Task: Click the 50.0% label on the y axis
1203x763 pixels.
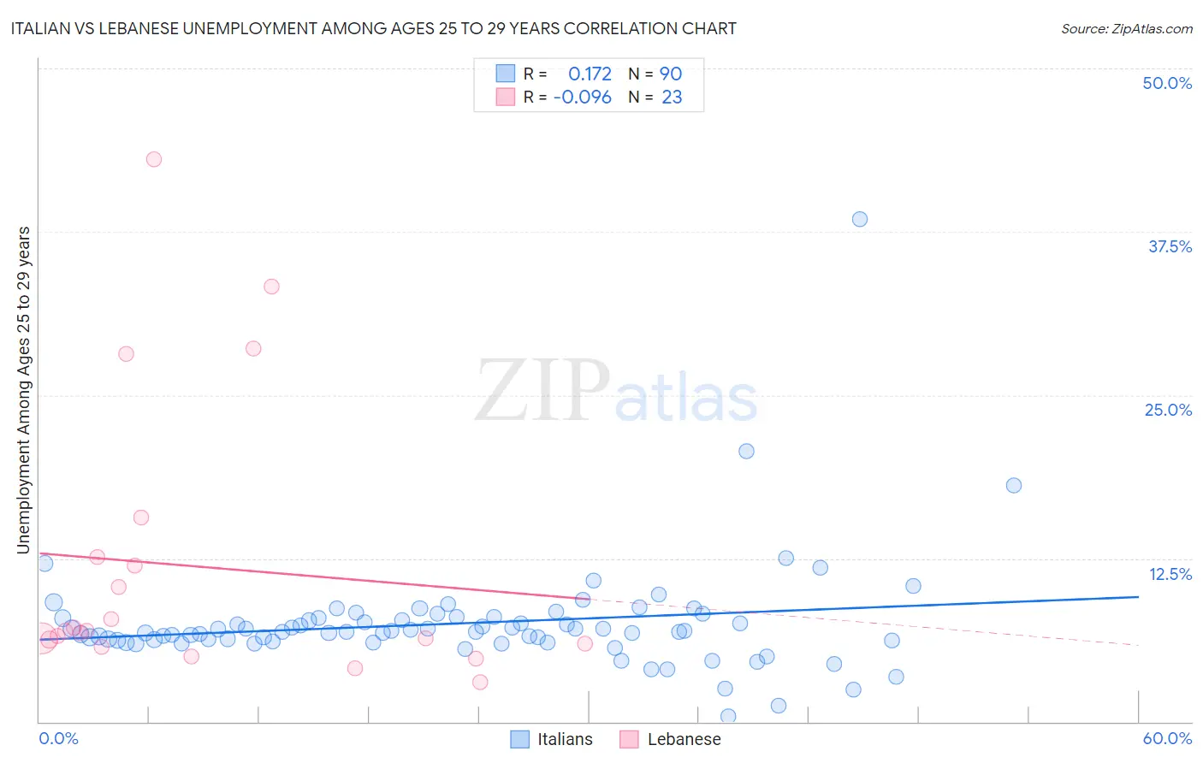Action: point(1167,84)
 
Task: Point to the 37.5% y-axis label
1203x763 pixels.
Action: point(1170,247)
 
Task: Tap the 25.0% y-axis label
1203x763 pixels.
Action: point(1168,411)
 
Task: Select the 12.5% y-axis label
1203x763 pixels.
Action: point(1170,574)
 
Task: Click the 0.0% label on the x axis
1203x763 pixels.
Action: point(58,738)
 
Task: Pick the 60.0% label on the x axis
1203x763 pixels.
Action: point(1167,738)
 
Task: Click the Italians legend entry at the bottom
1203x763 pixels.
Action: point(564,739)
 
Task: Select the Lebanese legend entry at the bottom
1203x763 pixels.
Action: point(683,739)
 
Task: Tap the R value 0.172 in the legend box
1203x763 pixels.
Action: point(590,74)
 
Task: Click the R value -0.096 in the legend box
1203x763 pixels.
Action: point(583,98)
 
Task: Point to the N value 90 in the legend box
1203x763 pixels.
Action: point(671,74)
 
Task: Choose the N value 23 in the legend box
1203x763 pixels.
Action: point(672,98)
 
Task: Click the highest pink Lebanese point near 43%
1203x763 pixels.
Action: point(154,159)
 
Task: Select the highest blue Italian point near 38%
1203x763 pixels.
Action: point(860,219)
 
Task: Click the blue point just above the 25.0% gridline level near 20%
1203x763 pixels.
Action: point(746,451)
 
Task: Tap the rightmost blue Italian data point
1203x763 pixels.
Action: point(1014,485)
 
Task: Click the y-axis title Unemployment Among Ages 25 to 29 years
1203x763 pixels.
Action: point(23,389)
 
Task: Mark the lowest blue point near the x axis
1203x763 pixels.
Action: point(728,716)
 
